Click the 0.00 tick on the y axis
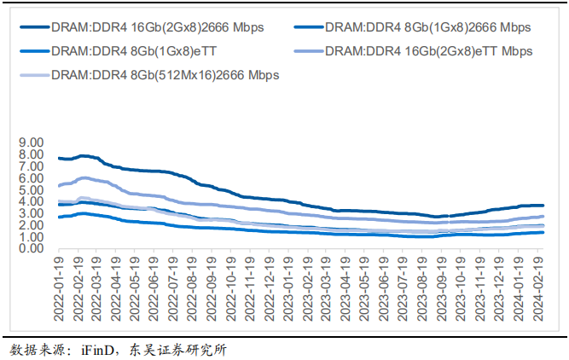(x=31, y=248)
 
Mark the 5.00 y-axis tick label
(x=31, y=189)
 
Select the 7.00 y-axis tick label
(x=31, y=165)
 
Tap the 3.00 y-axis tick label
(x=31, y=213)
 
